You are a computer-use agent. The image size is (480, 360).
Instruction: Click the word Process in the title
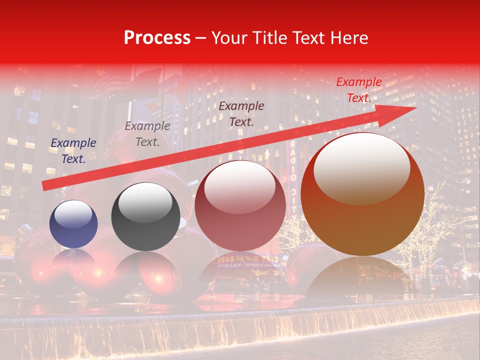(x=157, y=38)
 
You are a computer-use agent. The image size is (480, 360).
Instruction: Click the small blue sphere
(x=73, y=224)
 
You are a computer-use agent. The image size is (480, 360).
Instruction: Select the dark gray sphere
(x=145, y=216)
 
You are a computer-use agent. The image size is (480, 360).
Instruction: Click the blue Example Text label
(x=73, y=151)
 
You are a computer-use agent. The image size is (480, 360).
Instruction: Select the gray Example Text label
(x=147, y=134)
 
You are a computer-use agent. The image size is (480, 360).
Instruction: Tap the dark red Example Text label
(x=241, y=113)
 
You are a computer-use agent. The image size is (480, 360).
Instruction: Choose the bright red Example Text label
(x=358, y=90)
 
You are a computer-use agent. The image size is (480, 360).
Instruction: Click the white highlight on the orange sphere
(x=361, y=167)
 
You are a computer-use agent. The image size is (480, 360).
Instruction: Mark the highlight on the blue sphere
(x=73, y=214)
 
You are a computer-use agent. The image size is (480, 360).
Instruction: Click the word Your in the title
(x=227, y=38)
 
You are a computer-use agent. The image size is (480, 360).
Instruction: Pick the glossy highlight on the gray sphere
(x=145, y=201)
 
